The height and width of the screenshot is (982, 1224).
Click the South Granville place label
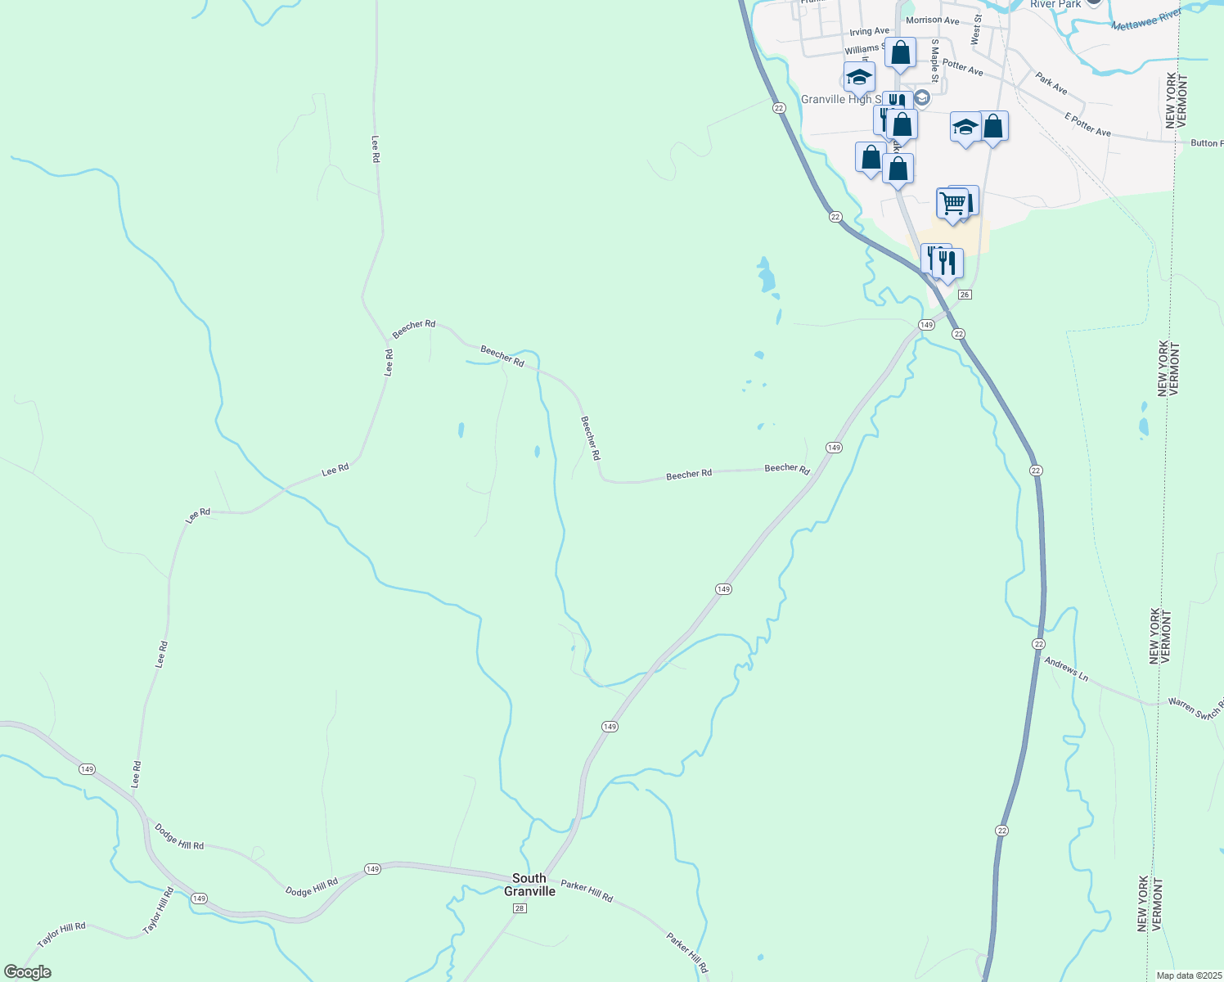(529, 885)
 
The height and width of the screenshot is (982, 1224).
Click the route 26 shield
(965, 295)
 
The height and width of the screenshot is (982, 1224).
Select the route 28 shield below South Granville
(519, 908)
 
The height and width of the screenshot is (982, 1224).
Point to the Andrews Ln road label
(1067, 669)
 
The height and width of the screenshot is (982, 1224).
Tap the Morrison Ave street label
(932, 20)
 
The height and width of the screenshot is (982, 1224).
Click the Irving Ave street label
(869, 32)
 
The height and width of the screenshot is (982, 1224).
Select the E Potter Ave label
(1087, 125)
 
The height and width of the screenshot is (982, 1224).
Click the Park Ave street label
(1051, 83)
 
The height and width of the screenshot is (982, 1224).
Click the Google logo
(27, 972)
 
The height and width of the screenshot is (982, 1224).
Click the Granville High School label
(836, 100)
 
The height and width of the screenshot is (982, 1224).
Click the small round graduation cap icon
(922, 98)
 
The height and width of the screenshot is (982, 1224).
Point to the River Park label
(1055, 4)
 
